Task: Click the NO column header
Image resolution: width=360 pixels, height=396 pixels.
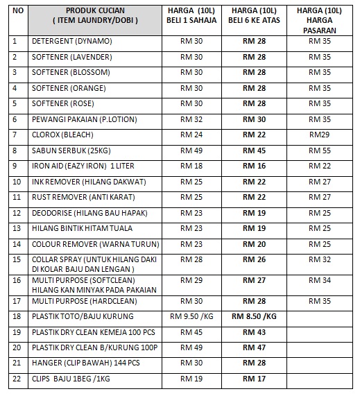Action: [18, 11]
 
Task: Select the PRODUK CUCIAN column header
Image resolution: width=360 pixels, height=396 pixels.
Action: [95, 16]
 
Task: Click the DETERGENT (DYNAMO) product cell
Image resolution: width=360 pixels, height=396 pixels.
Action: [72, 42]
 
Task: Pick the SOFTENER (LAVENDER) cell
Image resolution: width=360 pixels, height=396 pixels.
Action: [74, 58]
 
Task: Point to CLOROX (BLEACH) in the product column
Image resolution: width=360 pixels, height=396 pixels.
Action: [62, 135]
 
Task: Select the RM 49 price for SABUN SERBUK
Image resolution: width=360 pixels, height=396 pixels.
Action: [191, 150]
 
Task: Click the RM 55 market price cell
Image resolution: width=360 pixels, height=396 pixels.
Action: [320, 150]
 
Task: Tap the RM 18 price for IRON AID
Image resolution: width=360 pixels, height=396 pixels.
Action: [191, 166]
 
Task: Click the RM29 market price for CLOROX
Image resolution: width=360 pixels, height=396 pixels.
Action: [320, 135]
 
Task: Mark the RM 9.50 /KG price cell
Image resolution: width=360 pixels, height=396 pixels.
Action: [191, 317]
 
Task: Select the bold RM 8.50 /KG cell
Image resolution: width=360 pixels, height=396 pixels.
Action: [255, 317]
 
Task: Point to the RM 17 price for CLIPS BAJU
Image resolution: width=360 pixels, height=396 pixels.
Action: [254, 379]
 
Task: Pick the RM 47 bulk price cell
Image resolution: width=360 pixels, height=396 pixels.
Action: [254, 348]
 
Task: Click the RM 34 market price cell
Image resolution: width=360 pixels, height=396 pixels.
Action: [320, 280]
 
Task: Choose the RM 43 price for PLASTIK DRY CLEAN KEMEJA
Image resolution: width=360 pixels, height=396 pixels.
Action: [254, 333]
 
